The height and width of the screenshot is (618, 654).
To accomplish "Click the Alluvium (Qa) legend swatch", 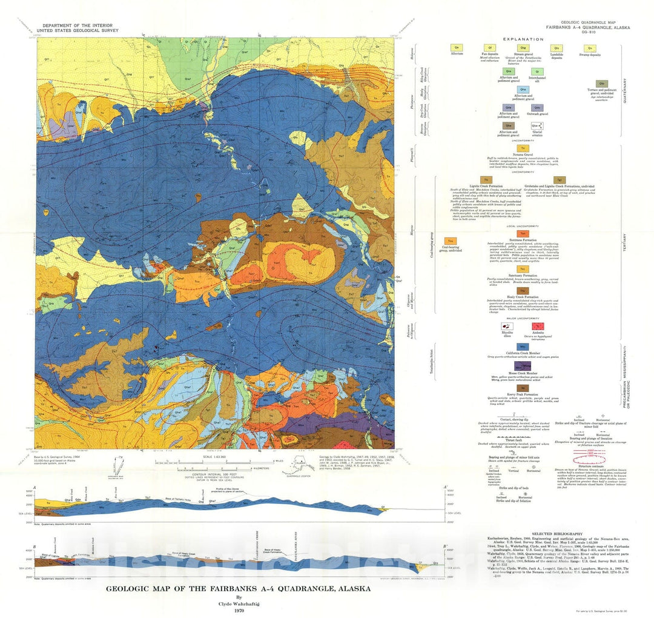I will pyautogui.click(x=457, y=48).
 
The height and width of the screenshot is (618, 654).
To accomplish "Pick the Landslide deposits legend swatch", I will pyautogui.click(x=555, y=48).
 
